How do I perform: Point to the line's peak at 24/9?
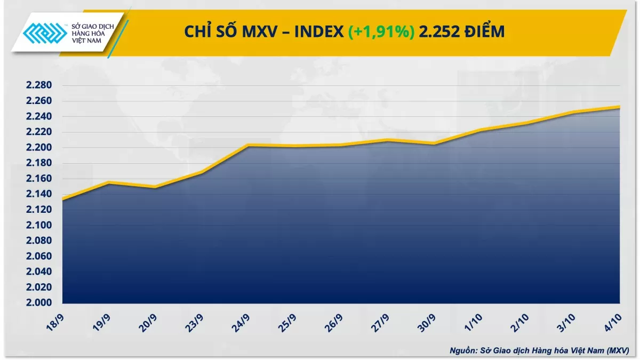248,145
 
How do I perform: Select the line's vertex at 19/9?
109,182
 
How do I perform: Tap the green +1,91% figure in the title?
381,32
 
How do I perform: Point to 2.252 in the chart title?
439,32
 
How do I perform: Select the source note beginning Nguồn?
539,350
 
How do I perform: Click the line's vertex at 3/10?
573,112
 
